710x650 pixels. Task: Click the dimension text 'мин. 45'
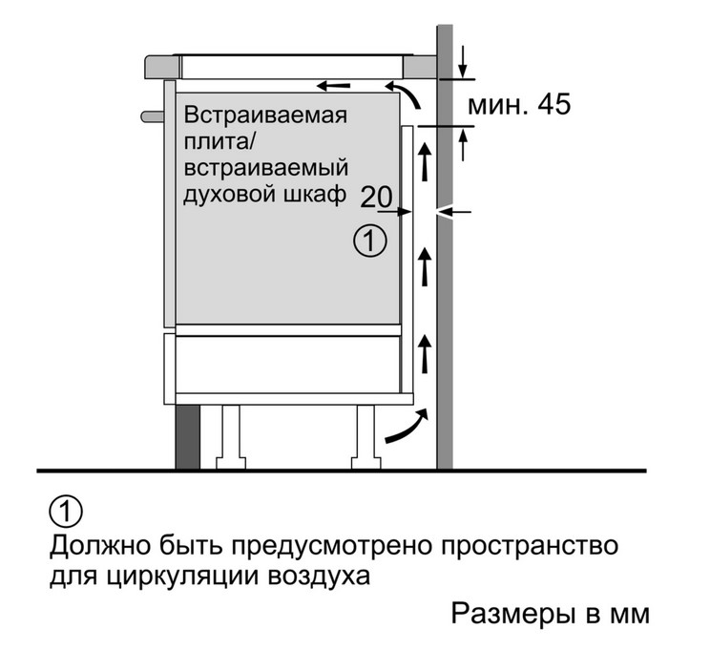pyautogui.click(x=519, y=105)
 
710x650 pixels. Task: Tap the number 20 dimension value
pyautogui.click(x=376, y=197)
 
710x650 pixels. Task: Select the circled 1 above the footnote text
pyautogui.click(x=66, y=512)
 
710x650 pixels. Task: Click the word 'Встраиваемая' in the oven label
pyautogui.click(x=265, y=115)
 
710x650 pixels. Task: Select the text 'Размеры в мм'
pyautogui.click(x=551, y=615)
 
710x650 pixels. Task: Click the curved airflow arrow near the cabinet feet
pyautogui.click(x=406, y=427)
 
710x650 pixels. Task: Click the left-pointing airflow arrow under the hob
pyautogui.click(x=333, y=85)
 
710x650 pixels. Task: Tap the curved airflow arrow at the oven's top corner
pyautogui.click(x=404, y=95)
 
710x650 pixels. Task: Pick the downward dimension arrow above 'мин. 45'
pyautogui.click(x=462, y=62)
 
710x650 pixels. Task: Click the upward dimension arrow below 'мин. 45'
pyautogui.click(x=463, y=144)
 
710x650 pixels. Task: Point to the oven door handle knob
pyautogui.click(x=152, y=116)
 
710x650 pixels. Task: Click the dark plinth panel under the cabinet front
pyautogui.click(x=187, y=437)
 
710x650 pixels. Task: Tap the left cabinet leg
pyautogui.click(x=231, y=436)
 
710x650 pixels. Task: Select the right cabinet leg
pyautogui.click(x=365, y=436)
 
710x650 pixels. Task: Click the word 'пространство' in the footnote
pyautogui.click(x=531, y=545)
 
